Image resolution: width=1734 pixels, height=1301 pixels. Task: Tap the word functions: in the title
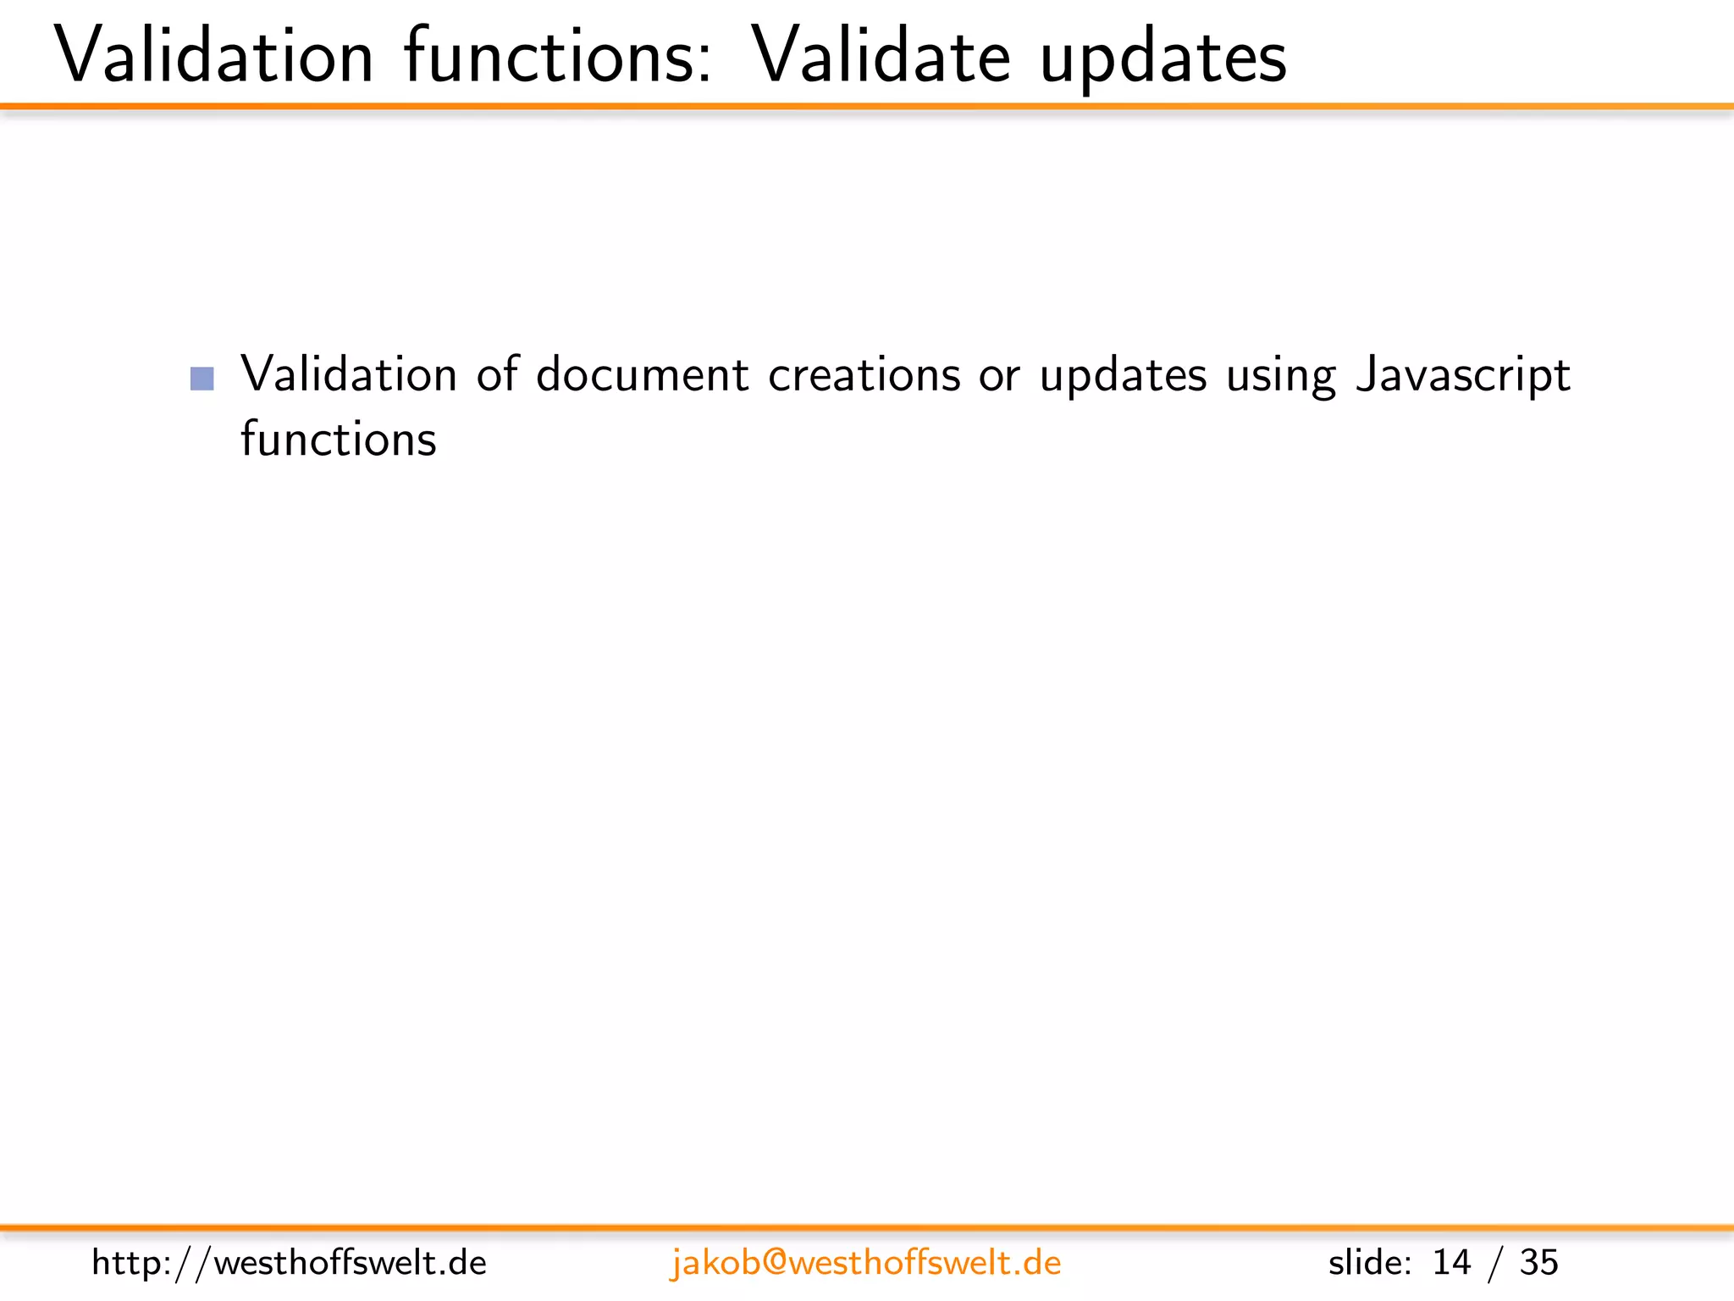pyautogui.click(x=558, y=56)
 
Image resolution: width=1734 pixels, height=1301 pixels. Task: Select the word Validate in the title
pyautogui.click(x=881, y=56)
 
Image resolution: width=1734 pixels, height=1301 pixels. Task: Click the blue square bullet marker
pyautogui.click(x=202, y=378)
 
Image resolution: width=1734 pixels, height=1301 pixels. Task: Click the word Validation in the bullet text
pyautogui.click(x=349, y=374)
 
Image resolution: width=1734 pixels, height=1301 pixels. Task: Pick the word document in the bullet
pyautogui.click(x=643, y=374)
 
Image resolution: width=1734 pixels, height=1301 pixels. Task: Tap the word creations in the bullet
pyautogui.click(x=864, y=374)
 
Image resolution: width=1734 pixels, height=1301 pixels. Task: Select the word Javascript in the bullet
pyautogui.click(x=1463, y=376)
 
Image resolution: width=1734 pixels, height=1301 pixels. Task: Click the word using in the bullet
pyautogui.click(x=1280, y=378)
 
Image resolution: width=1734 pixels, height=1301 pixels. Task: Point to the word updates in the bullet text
pyautogui.click(x=1123, y=378)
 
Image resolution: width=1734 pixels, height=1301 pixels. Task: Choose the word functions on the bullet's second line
pyautogui.click(x=339, y=439)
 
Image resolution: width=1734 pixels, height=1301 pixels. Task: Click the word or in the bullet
pyautogui.click(x=999, y=376)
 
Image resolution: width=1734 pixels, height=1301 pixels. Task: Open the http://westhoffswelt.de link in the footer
pyautogui.click(x=290, y=1263)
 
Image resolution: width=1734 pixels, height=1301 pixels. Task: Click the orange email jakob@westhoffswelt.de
pyautogui.click(x=865, y=1263)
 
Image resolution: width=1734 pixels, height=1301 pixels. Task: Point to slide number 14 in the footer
pyautogui.click(x=1451, y=1263)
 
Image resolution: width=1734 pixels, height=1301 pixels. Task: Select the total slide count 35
pyautogui.click(x=1538, y=1263)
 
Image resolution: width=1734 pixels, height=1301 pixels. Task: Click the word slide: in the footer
pyautogui.click(x=1369, y=1263)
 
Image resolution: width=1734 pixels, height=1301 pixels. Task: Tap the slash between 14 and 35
pyautogui.click(x=1495, y=1264)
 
